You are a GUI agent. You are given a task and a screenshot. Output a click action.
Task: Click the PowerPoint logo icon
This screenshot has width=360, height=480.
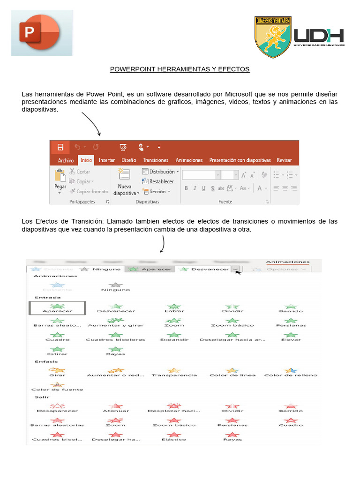coord(42,32)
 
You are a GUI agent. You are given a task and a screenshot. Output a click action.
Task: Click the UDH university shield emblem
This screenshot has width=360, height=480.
coord(273,37)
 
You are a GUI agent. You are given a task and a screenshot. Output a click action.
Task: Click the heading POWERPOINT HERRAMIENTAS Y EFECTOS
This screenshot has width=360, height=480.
coord(180,69)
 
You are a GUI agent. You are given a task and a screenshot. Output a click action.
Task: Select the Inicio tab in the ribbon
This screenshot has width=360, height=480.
coord(86,160)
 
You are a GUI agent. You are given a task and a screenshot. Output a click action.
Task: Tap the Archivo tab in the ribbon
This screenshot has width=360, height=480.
coord(66,160)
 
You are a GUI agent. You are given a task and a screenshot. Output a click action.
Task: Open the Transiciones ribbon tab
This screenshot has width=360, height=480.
coord(156,160)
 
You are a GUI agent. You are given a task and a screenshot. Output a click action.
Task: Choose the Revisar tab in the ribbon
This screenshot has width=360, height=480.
coord(284,160)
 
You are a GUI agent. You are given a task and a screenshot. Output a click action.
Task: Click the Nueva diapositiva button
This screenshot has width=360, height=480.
coord(125,182)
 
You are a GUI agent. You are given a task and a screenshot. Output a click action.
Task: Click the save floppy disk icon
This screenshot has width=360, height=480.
coord(60,147)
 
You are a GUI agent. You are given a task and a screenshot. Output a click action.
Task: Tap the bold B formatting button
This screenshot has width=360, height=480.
coord(186,188)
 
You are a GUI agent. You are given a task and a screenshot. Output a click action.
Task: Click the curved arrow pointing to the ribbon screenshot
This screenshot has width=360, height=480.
coord(92,123)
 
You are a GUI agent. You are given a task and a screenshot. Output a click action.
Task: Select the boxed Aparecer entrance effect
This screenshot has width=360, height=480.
coord(57,308)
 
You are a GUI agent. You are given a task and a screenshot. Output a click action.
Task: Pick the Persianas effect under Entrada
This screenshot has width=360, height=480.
coord(291,322)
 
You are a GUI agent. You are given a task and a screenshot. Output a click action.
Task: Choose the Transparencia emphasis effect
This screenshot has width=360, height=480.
coord(174,372)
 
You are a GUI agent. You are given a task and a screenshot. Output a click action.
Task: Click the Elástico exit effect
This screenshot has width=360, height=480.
coord(174,436)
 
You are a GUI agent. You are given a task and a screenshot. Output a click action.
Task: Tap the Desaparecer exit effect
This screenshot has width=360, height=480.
coord(57,408)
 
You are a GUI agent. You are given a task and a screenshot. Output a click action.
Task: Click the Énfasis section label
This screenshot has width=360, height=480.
coord(46,361)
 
